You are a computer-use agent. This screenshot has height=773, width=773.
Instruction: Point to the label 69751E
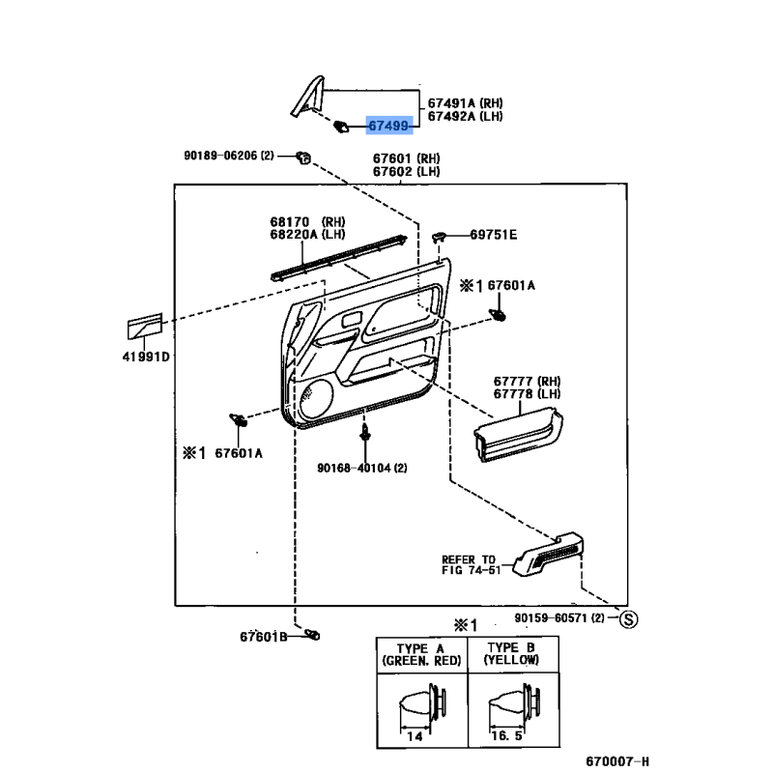tap(494, 235)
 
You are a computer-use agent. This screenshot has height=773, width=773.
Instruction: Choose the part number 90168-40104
tap(361, 469)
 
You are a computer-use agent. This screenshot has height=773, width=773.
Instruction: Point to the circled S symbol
tap(627, 618)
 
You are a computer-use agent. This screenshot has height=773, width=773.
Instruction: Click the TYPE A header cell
tap(421, 654)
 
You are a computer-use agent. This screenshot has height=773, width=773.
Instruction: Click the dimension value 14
tap(416, 735)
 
